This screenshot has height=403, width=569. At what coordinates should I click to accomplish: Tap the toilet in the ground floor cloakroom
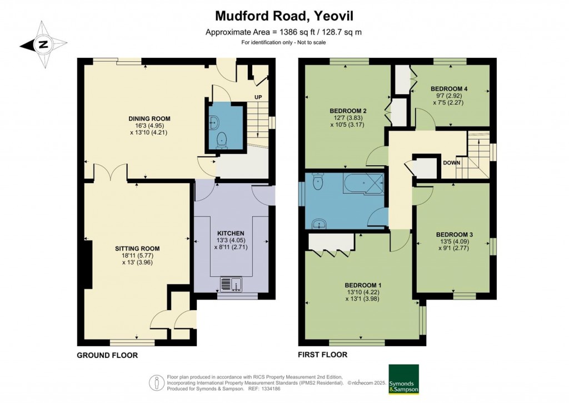222,139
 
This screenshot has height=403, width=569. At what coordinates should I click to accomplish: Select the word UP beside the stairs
258,97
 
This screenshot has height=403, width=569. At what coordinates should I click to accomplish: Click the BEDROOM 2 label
347,110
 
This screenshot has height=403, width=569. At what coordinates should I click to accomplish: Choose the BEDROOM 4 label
449,88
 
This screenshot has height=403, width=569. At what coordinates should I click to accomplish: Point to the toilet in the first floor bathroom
317,182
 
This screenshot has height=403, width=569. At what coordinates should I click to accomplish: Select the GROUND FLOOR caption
107,355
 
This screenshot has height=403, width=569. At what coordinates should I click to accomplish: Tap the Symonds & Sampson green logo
403,380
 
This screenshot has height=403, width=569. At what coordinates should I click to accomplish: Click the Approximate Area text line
284,32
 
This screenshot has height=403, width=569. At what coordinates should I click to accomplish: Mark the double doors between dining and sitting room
110,173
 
